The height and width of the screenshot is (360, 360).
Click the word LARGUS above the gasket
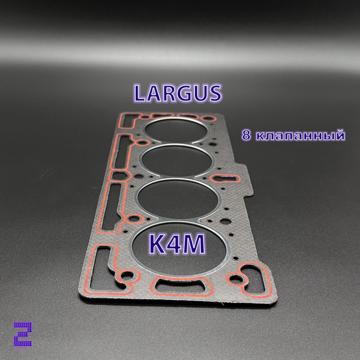tap(178, 93)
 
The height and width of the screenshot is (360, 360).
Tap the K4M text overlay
tap(177, 244)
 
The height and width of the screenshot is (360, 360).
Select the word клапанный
tap(300, 135)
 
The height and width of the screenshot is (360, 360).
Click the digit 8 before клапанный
tap(246, 135)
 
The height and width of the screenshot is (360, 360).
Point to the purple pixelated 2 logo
tap(23, 334)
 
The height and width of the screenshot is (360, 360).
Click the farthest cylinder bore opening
tap(176, 130)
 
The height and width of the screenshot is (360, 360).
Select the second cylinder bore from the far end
tap(176, 160)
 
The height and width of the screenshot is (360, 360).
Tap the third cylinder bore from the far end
tap(178, 199)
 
